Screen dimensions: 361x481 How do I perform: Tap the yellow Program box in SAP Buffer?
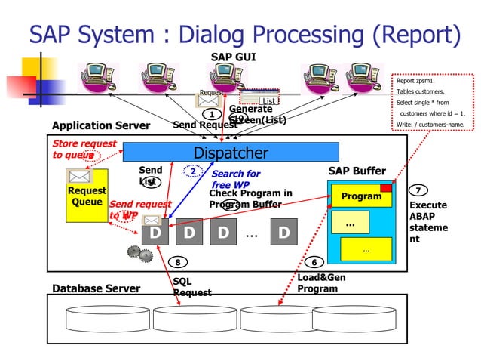coord(362,196)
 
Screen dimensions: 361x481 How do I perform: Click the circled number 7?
coord(418,190)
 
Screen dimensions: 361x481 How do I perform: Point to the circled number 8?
coord(178,262)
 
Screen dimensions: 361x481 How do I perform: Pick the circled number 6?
coord(314,262)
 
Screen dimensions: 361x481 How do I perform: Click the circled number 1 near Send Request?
coord(212,114)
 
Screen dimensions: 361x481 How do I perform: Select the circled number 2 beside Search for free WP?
coord(193,172)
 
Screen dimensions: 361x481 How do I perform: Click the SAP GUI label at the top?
coord(233,57)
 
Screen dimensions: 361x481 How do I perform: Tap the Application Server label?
coord(101,125)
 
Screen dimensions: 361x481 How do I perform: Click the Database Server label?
coord(96,288)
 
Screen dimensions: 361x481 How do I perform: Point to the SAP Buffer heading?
coord(357,171)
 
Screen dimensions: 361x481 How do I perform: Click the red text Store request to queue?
coord(83,149)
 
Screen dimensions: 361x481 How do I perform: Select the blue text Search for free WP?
coord(235,179)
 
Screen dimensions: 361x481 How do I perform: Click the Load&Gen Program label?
coord(321,282)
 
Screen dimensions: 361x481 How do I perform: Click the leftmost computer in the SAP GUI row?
coord(100,76)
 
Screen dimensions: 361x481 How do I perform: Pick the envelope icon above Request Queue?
coord(78,177)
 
